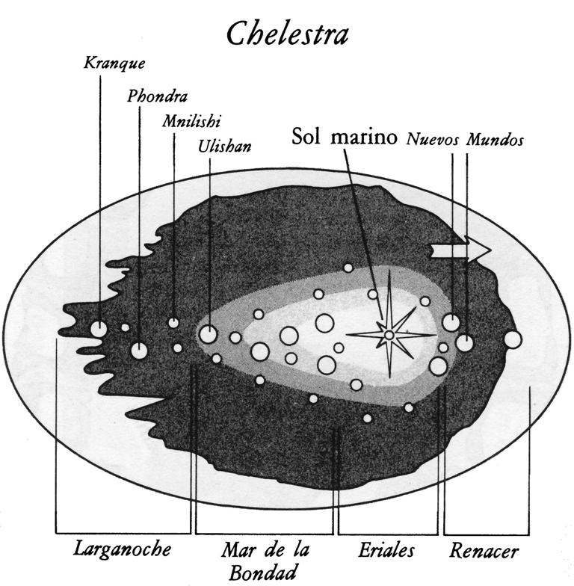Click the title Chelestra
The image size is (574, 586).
(x=287, y=34)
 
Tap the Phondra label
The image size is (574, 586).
(x=157, y=96)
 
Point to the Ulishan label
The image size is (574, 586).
(x=225, y=146)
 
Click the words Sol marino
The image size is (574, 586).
(x=344, y=138)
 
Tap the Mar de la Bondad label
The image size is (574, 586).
(x=265, y=561)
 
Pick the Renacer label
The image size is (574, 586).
(x=484, y=552)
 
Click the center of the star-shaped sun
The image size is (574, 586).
(x=389, y=335)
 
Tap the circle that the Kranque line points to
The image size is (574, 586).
(x=99, y=327)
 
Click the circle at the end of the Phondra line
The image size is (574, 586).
(x=139, y=349)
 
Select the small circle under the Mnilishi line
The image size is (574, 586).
(x=173, y=322)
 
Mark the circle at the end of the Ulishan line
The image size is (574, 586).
(x=209, y=334)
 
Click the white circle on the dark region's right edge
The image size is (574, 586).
(x=513, y=339)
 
